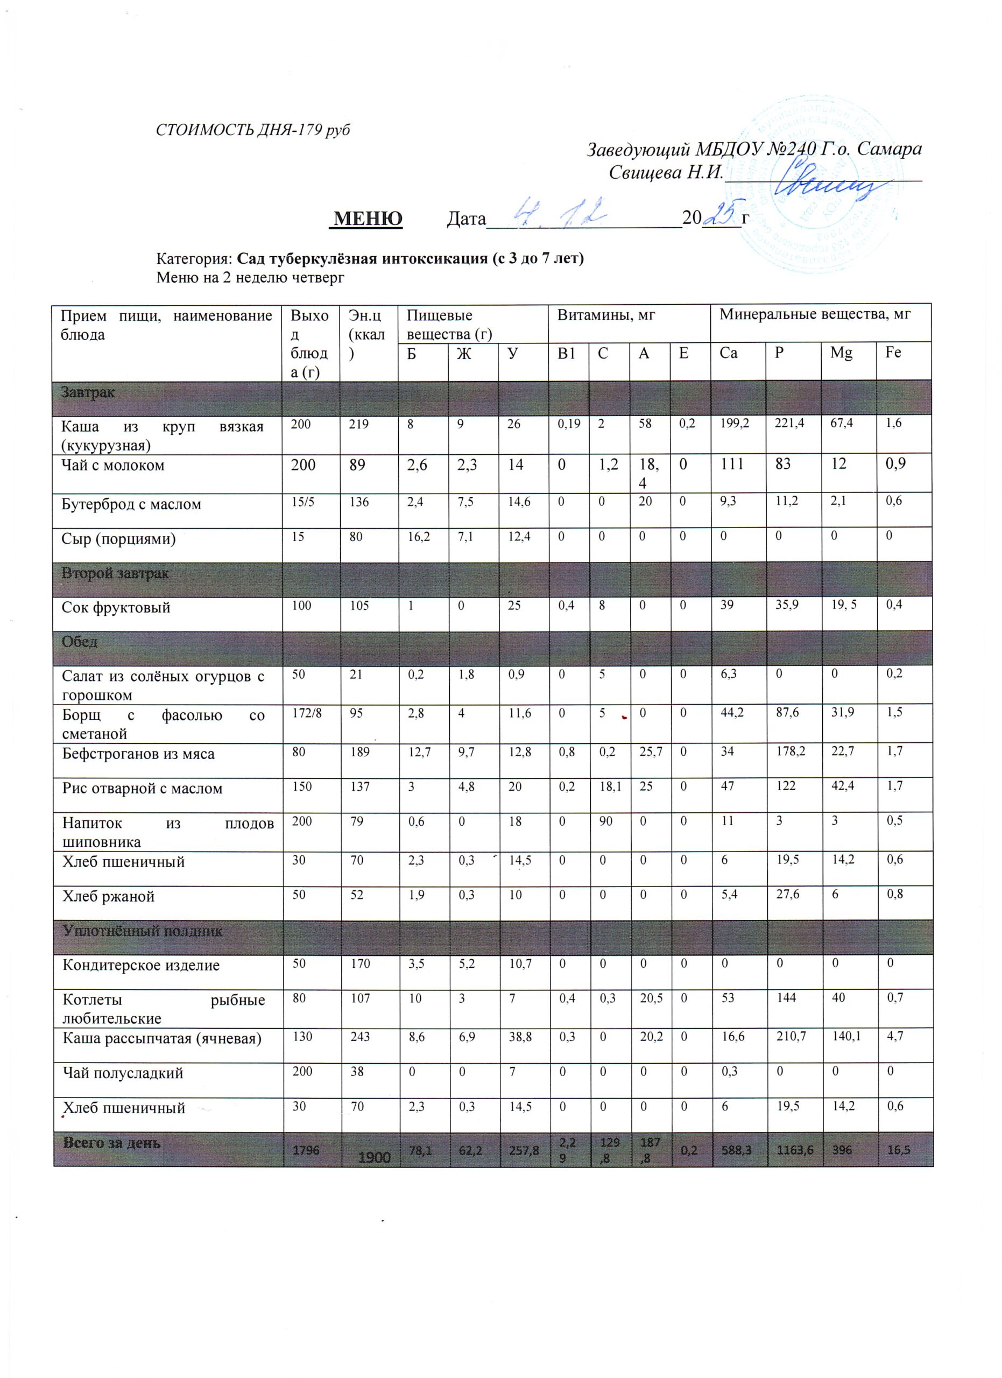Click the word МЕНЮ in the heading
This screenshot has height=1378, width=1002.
click(368, 218)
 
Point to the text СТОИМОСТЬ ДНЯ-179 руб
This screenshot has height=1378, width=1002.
click(252, 130)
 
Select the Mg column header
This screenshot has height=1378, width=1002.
click(841, 353)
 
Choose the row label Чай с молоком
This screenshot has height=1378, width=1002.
click(113, 466)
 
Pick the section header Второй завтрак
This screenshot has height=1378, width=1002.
click(115, 574)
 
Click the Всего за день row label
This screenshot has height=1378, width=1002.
click(112, 1143)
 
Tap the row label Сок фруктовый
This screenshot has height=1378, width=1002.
click(116, 608)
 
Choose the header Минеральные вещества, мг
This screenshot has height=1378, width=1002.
click(815, 315)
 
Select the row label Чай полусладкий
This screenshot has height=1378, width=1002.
click(123, 1073)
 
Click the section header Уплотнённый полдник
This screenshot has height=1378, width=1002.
click(142, 931)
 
